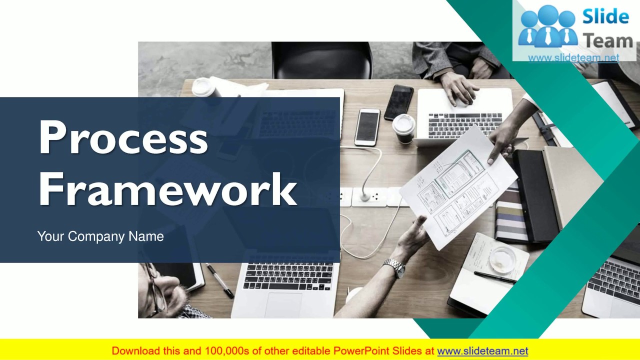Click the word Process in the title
123,138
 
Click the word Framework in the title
167,189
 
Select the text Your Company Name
100,236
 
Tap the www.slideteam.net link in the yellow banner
482,351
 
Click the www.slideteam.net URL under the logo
573,58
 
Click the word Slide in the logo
605,17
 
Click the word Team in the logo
608,41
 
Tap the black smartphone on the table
398,102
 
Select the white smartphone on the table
367,127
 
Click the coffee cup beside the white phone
403,128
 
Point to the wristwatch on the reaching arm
395,267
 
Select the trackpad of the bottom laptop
283,304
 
